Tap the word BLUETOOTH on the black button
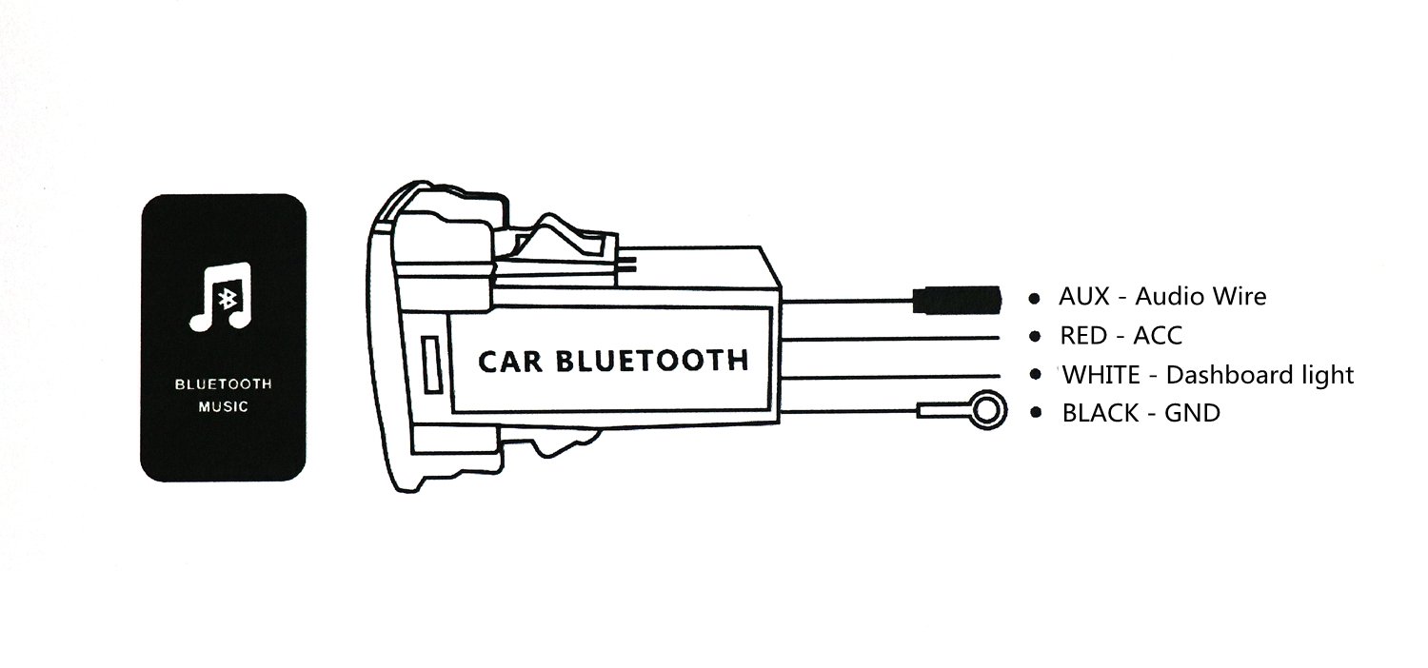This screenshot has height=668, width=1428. pos(223,384)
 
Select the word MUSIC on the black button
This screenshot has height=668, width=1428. pos(223,407)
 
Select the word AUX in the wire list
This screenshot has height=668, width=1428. pos(1083,297)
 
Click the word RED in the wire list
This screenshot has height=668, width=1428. pos(1083,336)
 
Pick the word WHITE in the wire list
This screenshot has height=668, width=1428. pos(1100,375)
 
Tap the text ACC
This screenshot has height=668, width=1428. pos(1158,336)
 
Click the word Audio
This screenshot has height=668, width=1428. pos(1167,297)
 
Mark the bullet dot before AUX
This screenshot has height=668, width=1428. pos(1034,299)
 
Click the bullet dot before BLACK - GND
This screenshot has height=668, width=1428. pos(1035,413)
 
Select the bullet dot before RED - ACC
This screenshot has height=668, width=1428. pos(1034,337)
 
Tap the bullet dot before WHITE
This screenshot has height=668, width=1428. pos(1035,375)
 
